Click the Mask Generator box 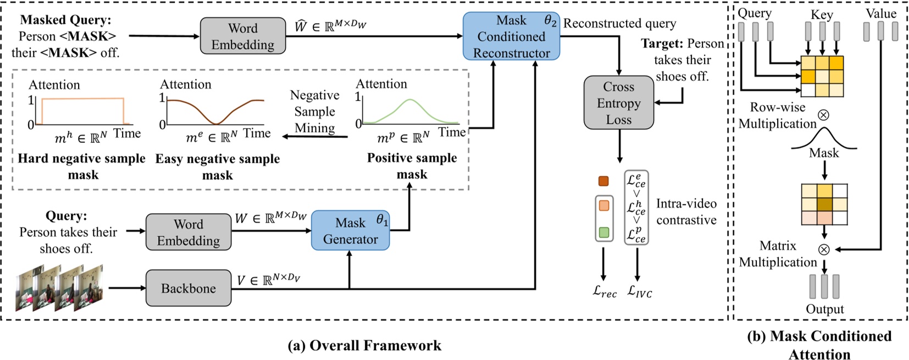coord(350,231)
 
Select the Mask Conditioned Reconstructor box coord(511,36)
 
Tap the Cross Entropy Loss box coord(618,103)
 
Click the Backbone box coord(188,288)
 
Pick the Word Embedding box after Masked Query coord(242,36)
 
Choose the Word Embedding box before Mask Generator coord(188,232)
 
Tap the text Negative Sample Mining coord(314,112)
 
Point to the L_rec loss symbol coord(604,292)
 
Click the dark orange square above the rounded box coord(603,181)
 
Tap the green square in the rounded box coord(604,232)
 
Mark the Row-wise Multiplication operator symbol coord(823,115)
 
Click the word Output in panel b coord(824,309)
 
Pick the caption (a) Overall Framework coord(364,345)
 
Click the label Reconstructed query coord(619,24)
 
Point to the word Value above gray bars coord(880,13)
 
